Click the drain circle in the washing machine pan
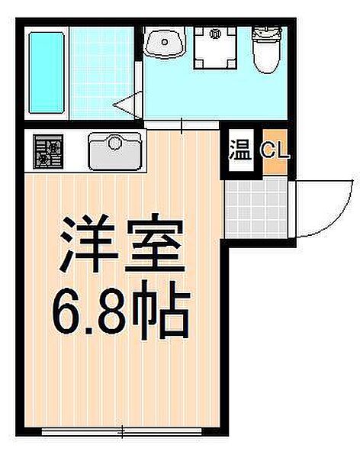(215, 34)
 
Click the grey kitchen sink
(115, 150)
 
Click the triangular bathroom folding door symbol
(125, 102)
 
